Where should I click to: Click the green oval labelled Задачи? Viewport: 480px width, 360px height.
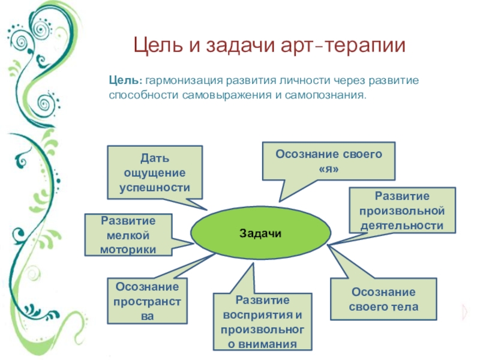(260, 233)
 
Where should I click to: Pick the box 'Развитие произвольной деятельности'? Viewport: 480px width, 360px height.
(401, 211)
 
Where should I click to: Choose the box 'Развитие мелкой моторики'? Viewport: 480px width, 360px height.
(128, 234)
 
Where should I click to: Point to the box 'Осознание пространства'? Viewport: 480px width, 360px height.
(147, 301)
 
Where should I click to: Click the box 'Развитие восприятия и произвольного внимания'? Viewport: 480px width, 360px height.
(263, 322)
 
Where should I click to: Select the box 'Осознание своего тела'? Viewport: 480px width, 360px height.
(383, 299)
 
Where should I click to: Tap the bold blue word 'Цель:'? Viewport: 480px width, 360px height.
(125, 80)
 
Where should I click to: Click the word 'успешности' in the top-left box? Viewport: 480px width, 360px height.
(155, 187)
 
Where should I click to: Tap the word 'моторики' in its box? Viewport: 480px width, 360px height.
(128, 249)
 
